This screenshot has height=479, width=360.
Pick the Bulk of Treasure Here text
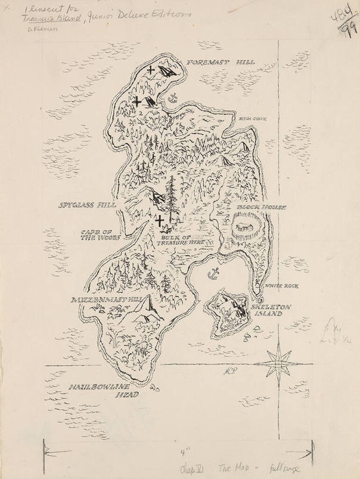(x=178, y=240)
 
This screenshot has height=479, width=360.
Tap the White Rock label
(x=282, y=286)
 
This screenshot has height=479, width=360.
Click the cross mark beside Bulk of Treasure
(x=160, y=222)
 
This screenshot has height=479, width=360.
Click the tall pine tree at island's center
(x=172, y=197)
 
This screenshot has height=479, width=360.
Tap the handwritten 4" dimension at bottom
(x=179, y=452)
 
